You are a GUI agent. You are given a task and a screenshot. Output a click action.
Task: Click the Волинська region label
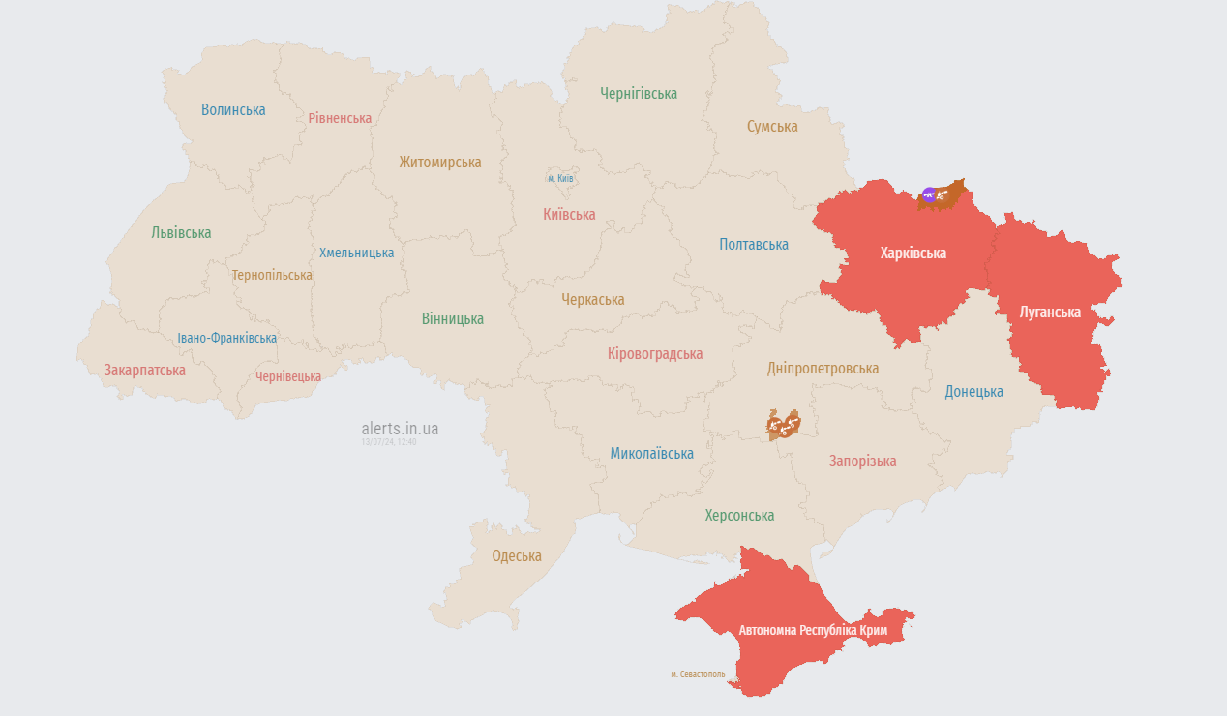coord(233,109)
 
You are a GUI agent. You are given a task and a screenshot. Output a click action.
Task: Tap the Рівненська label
coord(340,118)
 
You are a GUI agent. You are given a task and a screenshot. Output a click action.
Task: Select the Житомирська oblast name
coord(440,162)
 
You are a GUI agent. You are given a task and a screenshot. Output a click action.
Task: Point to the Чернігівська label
coord(638,93)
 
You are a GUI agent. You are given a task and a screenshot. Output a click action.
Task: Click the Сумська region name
coord(772,127)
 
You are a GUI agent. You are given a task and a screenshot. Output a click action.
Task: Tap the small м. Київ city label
coord(560,178)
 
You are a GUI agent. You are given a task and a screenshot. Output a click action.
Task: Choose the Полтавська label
coord(754,244)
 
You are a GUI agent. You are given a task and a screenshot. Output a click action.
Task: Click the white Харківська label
coord(913,254)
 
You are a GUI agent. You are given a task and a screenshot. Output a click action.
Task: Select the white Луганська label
coord(1050,312)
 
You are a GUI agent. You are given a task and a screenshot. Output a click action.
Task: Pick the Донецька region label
coord(973,391)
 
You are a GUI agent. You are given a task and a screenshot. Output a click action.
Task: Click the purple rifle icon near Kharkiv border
coord(929,195)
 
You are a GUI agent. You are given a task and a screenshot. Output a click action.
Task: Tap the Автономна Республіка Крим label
coord(813,630)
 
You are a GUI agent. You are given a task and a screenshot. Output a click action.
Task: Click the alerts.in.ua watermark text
coord(400,428)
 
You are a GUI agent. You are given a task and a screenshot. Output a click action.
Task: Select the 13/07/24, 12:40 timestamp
coord(388,442)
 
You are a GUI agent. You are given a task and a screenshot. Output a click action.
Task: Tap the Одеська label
coord(517,555)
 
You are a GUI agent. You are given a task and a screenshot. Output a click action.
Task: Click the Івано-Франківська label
coord(227,338)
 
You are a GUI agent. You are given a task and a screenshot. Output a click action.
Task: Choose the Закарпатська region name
coord(145,370)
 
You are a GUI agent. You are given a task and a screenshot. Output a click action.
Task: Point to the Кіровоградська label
coord(655,353)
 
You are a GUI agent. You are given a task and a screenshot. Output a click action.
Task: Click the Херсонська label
coord(739,516)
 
